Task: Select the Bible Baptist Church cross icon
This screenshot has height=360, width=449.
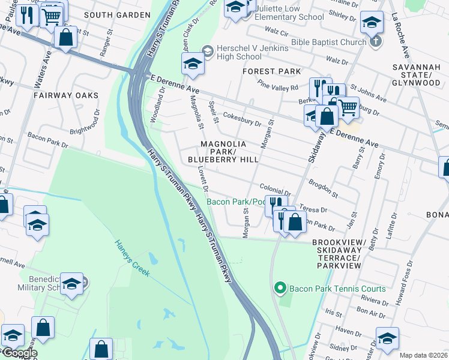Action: pos(376,42)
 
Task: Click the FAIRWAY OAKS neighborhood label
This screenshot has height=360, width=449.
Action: pos(66,95)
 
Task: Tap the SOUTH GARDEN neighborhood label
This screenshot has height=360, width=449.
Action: pos(117,14)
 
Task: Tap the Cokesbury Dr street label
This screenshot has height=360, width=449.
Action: pos(242,119)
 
